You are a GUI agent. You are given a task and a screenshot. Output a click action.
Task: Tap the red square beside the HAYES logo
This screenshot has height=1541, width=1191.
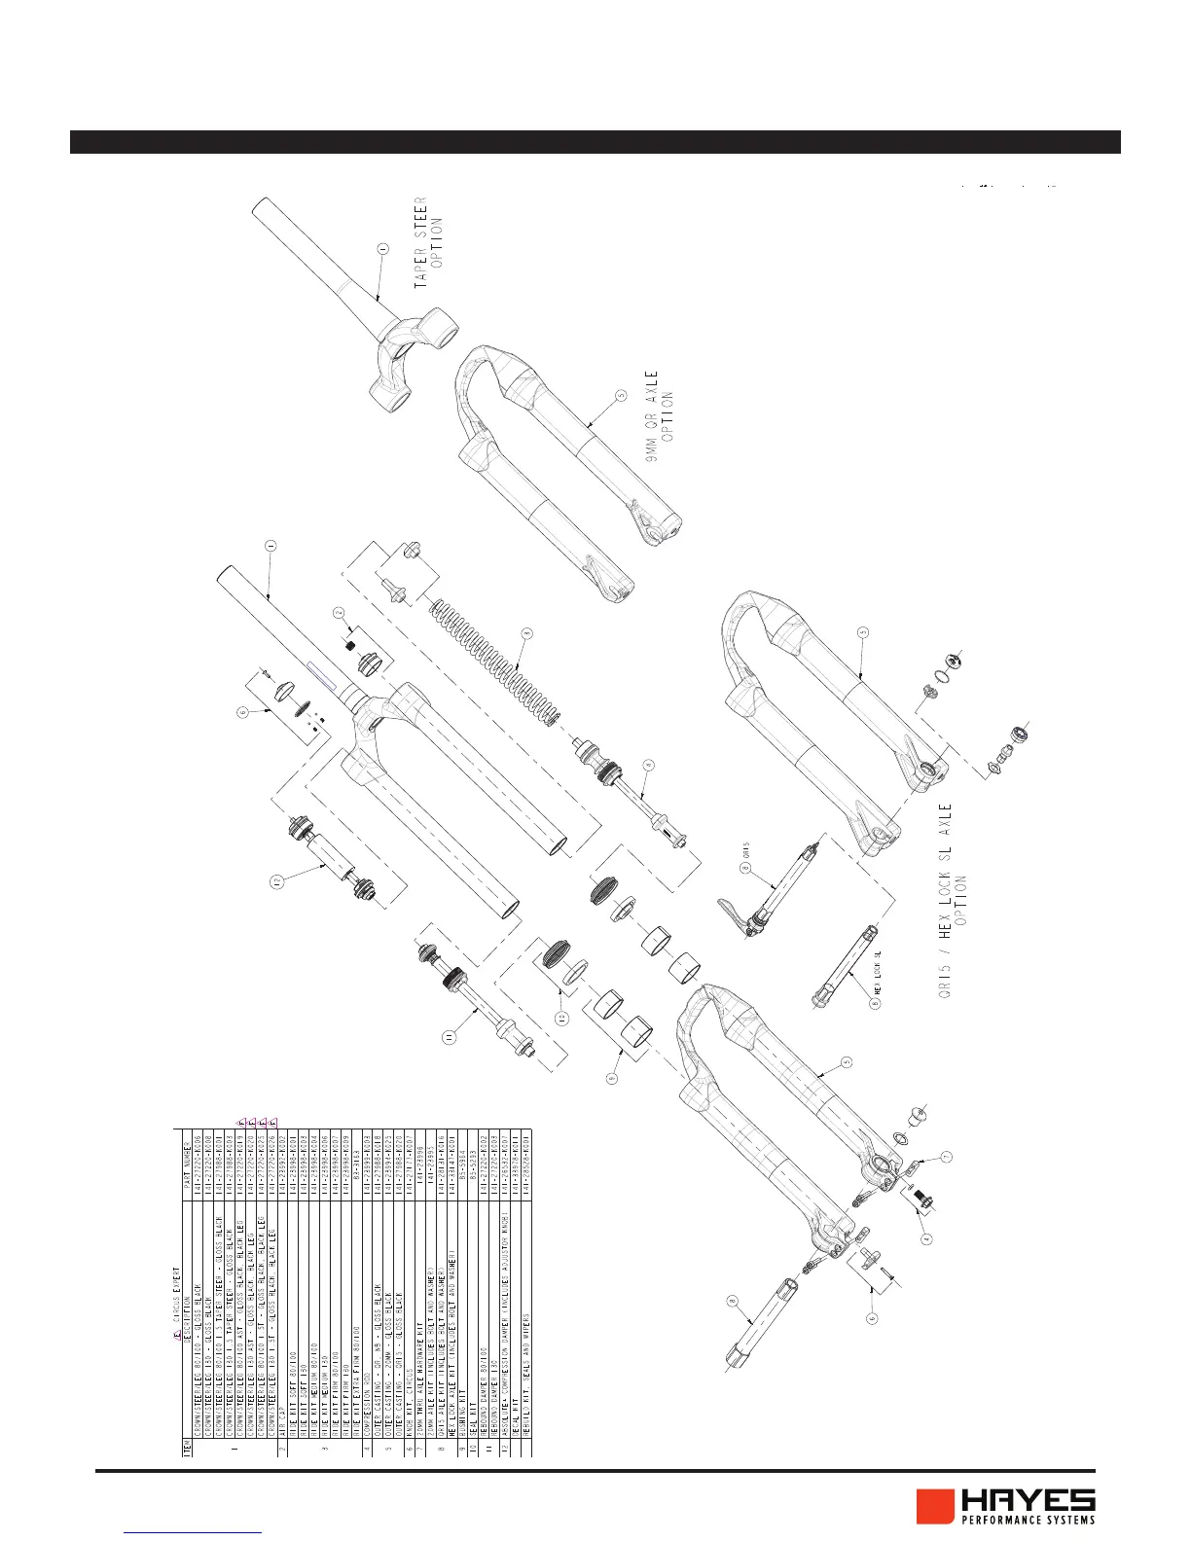click(x=935, y=1506)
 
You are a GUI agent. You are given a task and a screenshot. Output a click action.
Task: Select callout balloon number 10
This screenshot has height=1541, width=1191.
click(x=562, y=1018)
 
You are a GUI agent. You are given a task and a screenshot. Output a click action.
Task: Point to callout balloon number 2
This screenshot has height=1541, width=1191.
click(x=339, y=613)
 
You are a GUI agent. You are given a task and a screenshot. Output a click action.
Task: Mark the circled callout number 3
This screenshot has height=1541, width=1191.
click(x=526, y=634)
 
